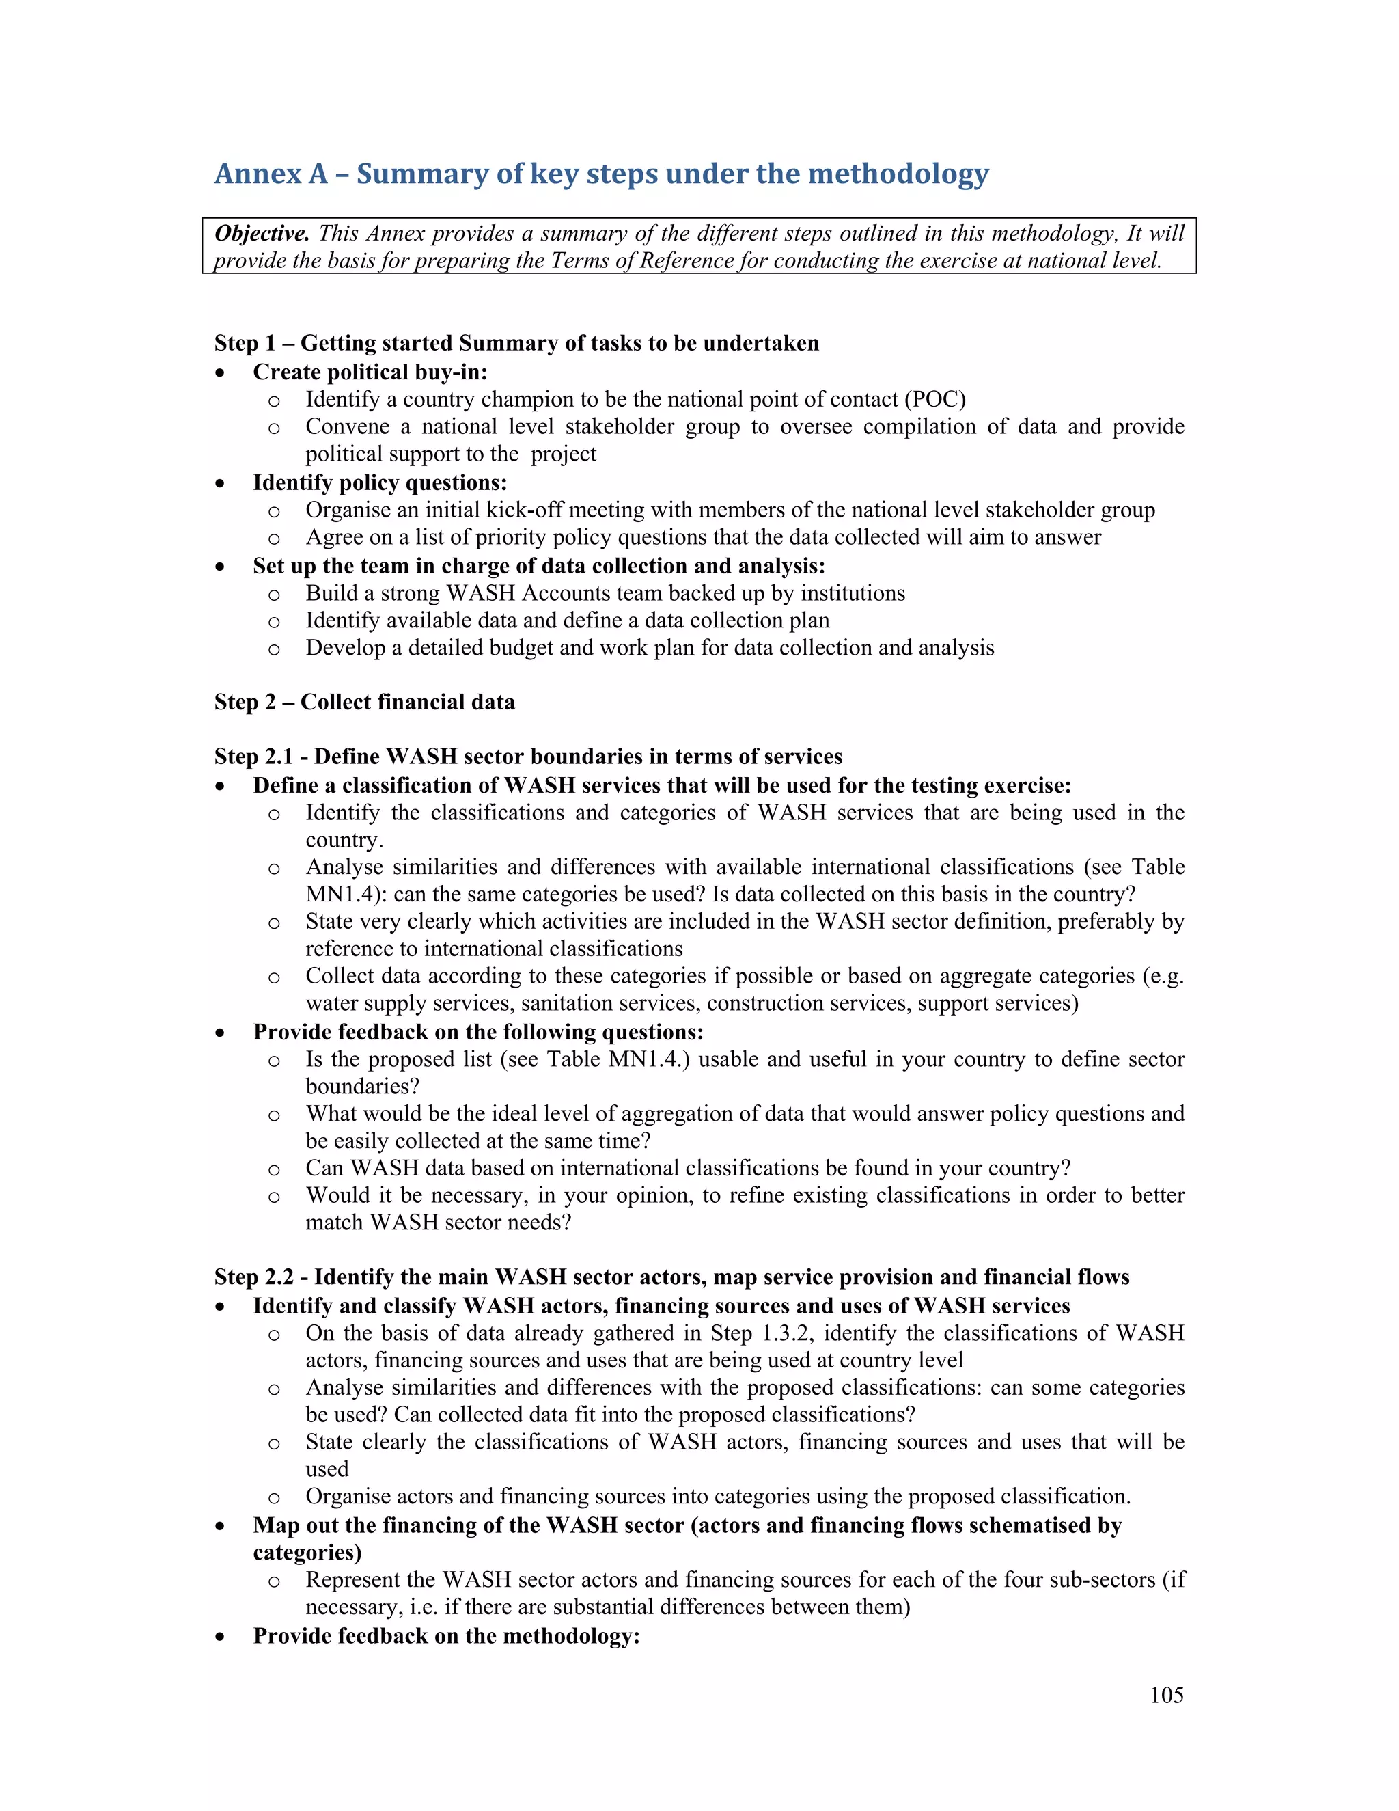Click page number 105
pyautogui.click(x=1166, y=1695)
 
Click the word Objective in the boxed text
pyautogui.click(x=262, y=234)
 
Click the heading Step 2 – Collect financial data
pyautogui.click(x=365, y=703)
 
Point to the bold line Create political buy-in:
pyautogui.click(x=370, y=372)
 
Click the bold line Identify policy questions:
pyautogui.click(x=380, y=482)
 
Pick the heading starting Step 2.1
pyautogui.click(x=528, y=757)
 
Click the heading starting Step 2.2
pyautogui.click(x=671, y=1277)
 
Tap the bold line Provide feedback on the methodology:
pyautogui.click(x=446, y=1636)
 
